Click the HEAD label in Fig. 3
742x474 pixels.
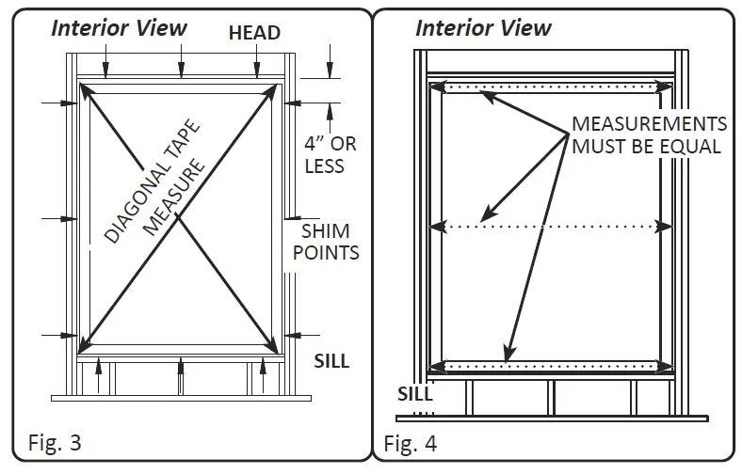(254, 33)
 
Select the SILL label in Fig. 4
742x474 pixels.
(415, 394)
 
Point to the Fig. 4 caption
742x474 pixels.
(411, 442)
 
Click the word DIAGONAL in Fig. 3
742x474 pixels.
(135, 206)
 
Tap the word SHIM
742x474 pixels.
(325, 231)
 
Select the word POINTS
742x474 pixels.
(331, 253)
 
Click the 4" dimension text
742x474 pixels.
(315, 145)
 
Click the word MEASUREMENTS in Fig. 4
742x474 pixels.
(650, 124)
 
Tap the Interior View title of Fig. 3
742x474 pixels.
(119, 26)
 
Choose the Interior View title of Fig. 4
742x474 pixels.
(483, 26)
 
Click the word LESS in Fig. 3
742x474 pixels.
(324, 166)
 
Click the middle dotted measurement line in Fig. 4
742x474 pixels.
(551, 226)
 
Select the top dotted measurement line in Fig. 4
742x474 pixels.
(551, 87)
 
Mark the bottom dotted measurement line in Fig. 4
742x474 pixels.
(551, 365)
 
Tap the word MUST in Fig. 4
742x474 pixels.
(598, 147)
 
